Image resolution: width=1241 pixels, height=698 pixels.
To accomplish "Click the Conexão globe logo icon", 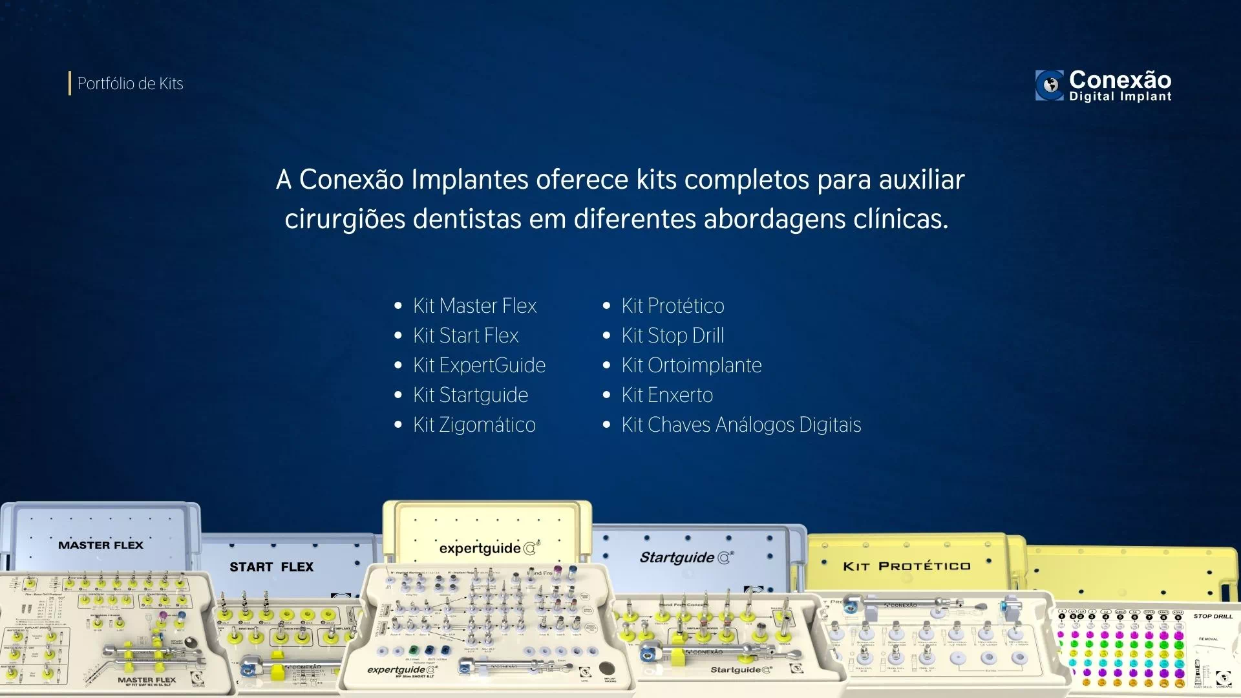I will point(1050,85).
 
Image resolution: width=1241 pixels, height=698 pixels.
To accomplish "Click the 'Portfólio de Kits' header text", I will point(130,83).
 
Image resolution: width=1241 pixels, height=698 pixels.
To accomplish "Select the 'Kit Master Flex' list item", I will point(474,306).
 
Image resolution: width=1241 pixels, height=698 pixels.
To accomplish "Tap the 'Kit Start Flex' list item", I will point(465,335).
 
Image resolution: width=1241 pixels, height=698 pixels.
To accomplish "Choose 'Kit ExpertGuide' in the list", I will point(479,365).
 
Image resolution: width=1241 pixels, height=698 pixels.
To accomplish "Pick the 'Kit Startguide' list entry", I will point(471,395).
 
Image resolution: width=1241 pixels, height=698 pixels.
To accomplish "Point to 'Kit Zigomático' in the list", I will point(474,425).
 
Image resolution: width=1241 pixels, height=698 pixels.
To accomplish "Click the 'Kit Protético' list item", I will point(672,306).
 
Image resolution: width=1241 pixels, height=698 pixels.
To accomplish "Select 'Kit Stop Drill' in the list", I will point(672,335).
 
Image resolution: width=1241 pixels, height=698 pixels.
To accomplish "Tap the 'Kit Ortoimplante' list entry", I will point(691,365).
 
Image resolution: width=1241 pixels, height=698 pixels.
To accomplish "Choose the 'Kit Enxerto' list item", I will point(667,395).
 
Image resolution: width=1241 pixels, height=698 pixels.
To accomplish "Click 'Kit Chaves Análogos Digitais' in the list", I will point(741,425).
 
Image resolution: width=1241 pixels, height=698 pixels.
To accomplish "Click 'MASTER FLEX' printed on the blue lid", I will point(101,545).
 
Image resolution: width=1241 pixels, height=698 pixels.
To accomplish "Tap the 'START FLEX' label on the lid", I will point(271,567).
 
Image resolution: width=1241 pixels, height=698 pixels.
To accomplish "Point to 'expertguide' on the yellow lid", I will point(480,549).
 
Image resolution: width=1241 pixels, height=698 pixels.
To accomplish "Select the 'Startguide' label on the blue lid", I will point(677,557).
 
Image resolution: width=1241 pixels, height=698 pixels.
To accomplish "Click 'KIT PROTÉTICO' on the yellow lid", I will point(906,566).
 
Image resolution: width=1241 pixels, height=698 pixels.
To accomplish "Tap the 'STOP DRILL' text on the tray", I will point(1213,616).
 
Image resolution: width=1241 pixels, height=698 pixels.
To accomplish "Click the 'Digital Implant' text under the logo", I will point(1120,97).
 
